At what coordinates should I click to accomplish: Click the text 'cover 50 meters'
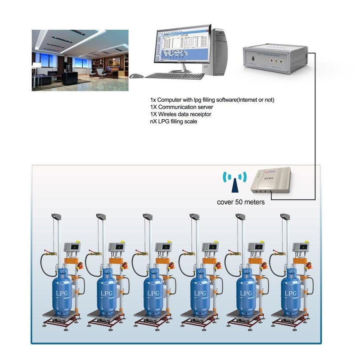241,202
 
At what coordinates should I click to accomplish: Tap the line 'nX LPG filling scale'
174,121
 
